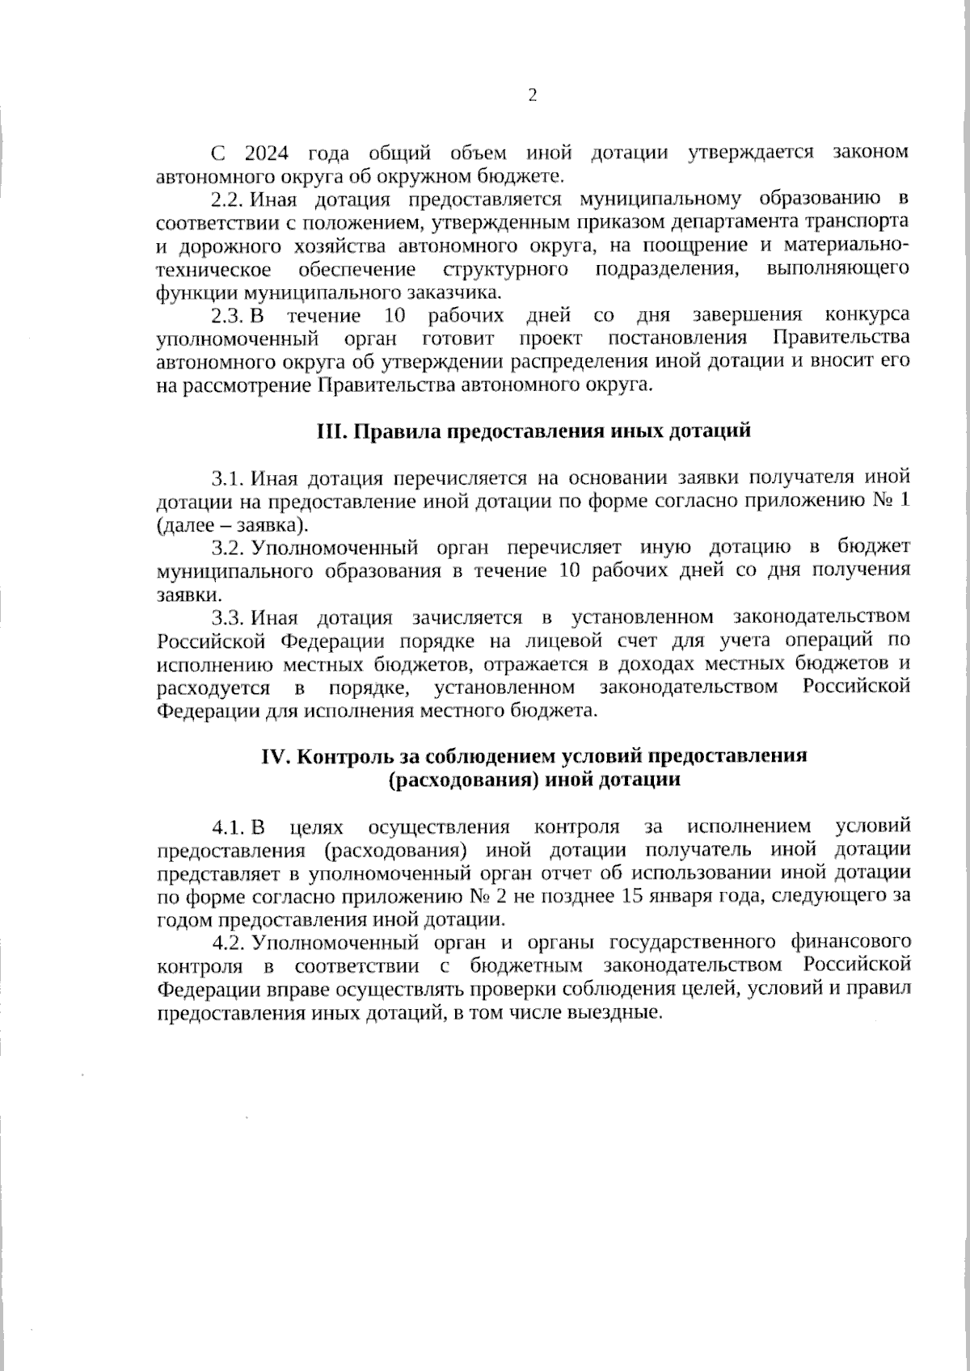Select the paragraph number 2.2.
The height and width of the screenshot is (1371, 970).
point(226,199)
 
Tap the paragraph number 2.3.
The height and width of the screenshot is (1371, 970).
point(226,314)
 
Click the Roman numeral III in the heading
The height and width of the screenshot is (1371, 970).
point(331,431)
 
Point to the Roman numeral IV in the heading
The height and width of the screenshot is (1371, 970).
point(276,756)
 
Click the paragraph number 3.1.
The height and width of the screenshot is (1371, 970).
point(228,478)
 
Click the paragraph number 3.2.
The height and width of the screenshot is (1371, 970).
point(228,548)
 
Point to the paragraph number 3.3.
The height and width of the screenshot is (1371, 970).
point(228,618)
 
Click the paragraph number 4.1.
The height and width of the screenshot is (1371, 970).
point(228,826)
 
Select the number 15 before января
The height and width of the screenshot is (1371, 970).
point(631,896)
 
